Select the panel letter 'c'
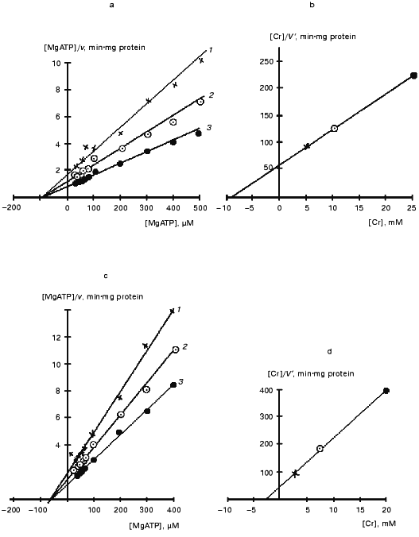[x=106, y=276]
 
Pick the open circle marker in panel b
[x=335, y=128]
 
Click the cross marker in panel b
[x=307, y=146]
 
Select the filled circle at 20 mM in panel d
[x=386, y=391]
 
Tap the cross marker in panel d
[x=296, y=473]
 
